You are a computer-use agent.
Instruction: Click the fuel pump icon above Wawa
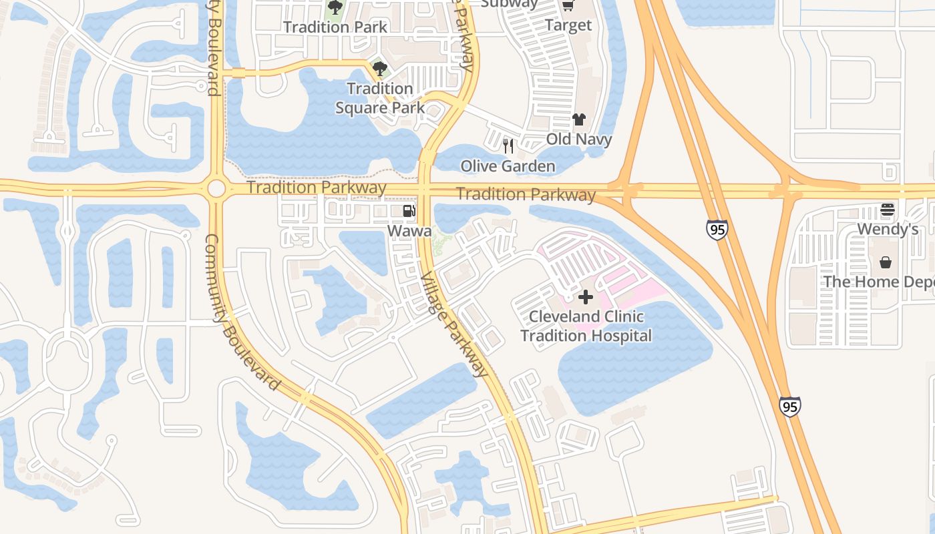[409, 212]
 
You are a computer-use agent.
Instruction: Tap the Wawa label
[409, 231]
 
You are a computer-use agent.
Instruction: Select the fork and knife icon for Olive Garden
[508, 146]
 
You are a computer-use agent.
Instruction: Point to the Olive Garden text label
[508, 166]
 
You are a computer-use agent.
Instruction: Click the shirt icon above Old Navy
[578, 119]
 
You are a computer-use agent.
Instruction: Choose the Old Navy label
[579, 140]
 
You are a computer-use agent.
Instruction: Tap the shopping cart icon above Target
[568, 6]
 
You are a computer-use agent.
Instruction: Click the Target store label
[568, 25]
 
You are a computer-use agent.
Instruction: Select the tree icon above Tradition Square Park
[380, 68]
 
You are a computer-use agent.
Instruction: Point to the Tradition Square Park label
[380, 97]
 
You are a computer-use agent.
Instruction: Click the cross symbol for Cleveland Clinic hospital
[586, 297]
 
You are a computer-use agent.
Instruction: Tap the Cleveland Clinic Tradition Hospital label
[586, 326]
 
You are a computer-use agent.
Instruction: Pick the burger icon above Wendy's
[887, 210]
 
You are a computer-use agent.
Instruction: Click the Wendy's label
[888, 230]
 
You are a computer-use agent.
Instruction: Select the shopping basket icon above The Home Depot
[886, 262]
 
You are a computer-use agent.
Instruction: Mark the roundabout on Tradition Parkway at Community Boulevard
[216, 188]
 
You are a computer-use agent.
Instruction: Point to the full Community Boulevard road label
[241, 312]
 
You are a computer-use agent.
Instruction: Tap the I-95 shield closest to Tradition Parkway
[717, 230]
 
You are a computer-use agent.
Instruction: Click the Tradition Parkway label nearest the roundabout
[317, 188]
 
